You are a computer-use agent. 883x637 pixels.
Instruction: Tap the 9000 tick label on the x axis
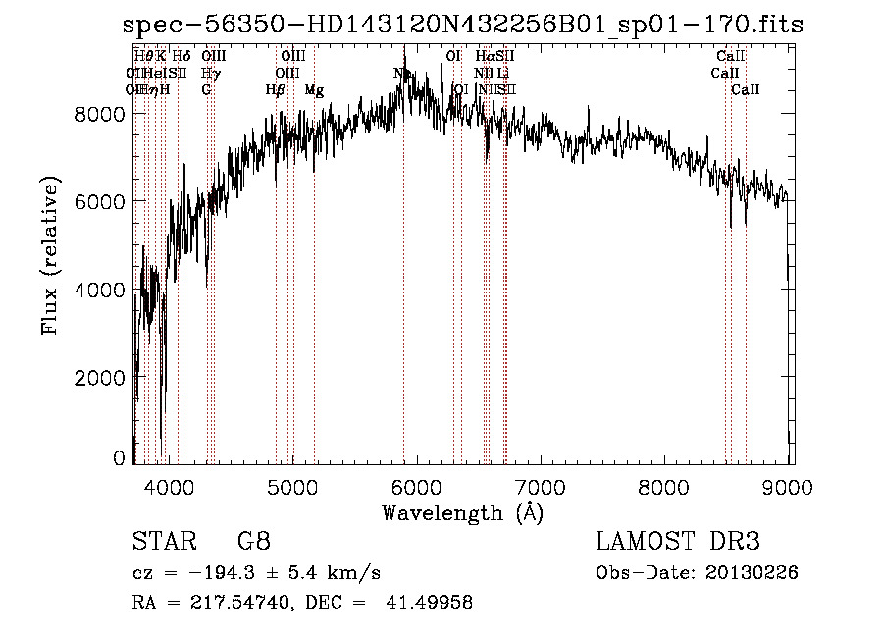(791, 486)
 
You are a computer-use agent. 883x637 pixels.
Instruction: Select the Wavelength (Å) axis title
(462, 512)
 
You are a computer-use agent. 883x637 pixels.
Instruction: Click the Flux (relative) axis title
(49, 254)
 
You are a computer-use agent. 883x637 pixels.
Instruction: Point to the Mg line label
(314, 90)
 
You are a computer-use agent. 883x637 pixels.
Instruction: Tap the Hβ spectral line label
(275, 90)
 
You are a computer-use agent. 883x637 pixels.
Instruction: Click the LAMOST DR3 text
(678, 541)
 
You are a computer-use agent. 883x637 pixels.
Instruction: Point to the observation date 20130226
(752, 572)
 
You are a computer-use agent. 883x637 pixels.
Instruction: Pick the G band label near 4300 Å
(206, 90)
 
